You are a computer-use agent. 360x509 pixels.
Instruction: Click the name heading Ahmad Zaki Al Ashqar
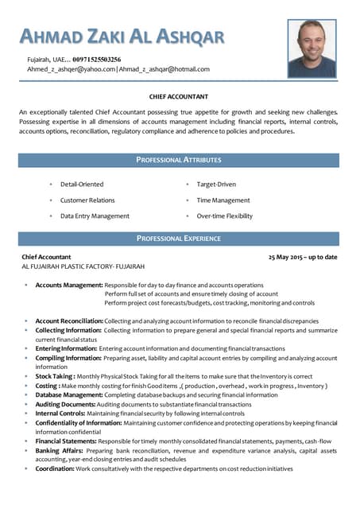(x=122, y=37)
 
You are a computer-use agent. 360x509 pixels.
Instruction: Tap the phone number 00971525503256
(x=97, y=60)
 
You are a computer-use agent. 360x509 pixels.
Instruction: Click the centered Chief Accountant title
(x=179, y=97)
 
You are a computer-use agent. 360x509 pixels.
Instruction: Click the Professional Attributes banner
(x=179, y=160)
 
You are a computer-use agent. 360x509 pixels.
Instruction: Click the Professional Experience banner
(x=179, y=238)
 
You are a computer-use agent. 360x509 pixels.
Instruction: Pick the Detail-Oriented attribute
(x=82, y=185)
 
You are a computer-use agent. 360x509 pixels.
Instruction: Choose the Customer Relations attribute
(x=87, y=200)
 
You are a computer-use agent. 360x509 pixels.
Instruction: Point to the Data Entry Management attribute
(x=95, y=216)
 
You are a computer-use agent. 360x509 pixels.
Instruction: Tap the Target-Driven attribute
(x=216, y=185)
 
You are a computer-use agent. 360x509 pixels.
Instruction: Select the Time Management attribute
(x=223, y=200)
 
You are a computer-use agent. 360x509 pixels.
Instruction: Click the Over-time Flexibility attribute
(x=225, y=216)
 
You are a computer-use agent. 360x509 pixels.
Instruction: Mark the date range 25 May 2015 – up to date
(x=302, y=257)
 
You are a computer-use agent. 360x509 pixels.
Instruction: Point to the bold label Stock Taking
(x=55, y=376)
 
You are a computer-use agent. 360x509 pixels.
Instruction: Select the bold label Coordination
(x=55, y=468)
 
